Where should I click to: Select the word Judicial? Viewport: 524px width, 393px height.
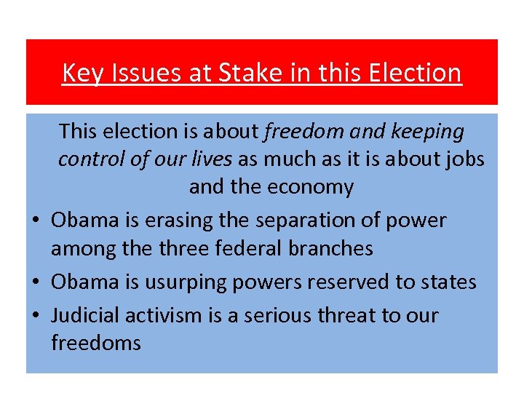coord(87,315)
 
